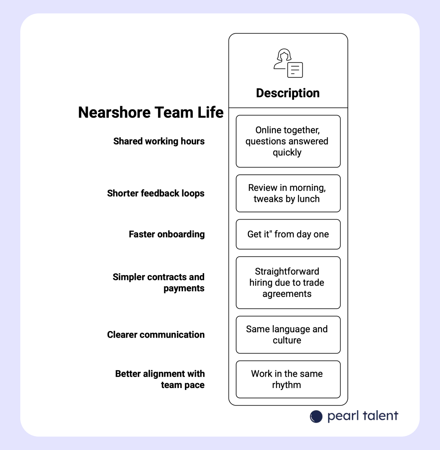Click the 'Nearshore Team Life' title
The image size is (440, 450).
tap(151, 112)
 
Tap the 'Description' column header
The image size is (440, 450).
tap(288, 93)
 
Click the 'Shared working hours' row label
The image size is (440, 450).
tap(159, 141)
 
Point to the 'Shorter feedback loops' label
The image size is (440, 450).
tap(155, 193)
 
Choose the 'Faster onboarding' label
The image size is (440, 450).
tap(167, 234)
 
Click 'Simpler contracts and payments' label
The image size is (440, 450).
tap(159, 283)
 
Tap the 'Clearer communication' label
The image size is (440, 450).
tap(155, 335)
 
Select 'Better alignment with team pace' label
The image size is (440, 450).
tap(160, 379)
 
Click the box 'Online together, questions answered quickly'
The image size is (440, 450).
tap(288, 141)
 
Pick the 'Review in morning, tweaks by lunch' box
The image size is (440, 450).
tap(288, 193)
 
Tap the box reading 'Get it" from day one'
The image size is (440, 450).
tap(288, 234)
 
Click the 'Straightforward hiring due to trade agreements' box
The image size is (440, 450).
tap(288, 283)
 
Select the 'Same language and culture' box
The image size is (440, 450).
tap(288, 335)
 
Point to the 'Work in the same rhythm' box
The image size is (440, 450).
tap(288, 379)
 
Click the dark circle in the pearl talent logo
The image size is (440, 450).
tap(316, 417)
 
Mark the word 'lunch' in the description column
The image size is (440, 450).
tap(308, 199)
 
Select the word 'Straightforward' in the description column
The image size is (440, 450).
tap(287, 271)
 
